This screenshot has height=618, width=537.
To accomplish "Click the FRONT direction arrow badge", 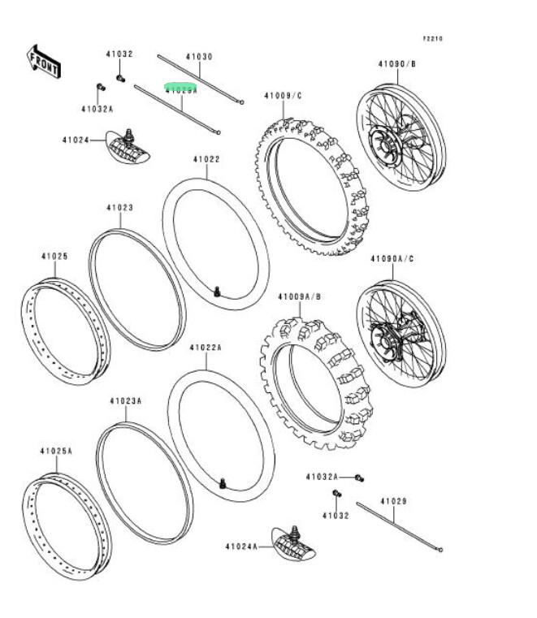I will click(44, 62).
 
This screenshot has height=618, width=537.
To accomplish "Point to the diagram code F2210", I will click(432, 38).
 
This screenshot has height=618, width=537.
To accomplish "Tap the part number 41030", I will click(198, 57).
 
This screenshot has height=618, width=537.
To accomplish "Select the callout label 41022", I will click(206, 160).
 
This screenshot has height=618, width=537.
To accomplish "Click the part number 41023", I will click(119, 208).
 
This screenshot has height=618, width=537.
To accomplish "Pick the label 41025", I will click(54, 257).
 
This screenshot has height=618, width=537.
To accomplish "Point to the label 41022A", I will click(206, 348).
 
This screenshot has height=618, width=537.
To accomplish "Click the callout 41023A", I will click(126, 401).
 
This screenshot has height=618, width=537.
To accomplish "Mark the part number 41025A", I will click(56, 451).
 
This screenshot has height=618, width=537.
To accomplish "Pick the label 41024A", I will click(241, 547).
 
